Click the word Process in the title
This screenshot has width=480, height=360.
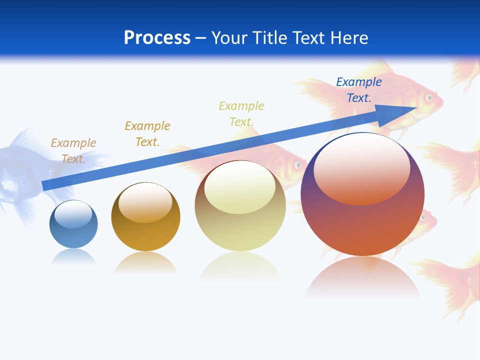[x=157, y=38]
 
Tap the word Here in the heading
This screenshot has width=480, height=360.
[x=348, y=38]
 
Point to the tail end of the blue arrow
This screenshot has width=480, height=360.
[x=44, y=186]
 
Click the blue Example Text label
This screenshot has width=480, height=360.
[x=358, y=90]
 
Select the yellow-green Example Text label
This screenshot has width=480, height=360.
[x=241, y=113]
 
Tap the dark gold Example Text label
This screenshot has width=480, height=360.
[x=147, y=133]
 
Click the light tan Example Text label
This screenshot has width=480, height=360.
[x=73, y=150]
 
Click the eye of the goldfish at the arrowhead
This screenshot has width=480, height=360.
[x=428, y=97]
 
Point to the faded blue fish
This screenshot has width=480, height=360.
[x=20, y=170]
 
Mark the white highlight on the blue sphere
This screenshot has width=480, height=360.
[x=73, y=214]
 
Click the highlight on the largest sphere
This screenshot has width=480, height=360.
[x=361, y=167]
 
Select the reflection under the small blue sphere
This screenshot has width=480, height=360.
[x=73, y=257]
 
